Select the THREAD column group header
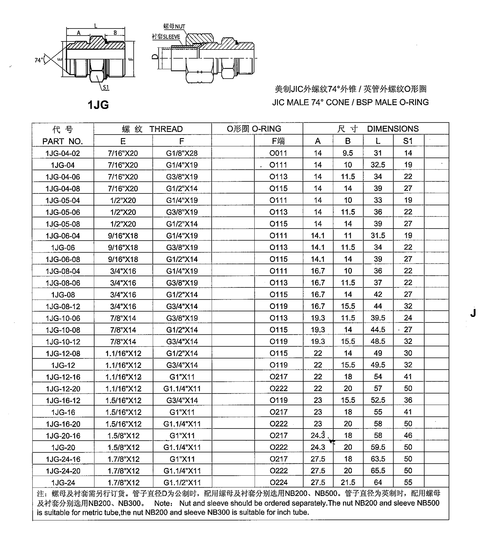point(152,129)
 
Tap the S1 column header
point(408,141)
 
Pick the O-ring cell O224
point(279,482)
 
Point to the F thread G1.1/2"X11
point(182,482)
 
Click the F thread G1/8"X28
point(182,153)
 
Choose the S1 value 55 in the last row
point(408,482)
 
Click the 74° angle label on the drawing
point(38,60)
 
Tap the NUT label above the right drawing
point(180,27)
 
